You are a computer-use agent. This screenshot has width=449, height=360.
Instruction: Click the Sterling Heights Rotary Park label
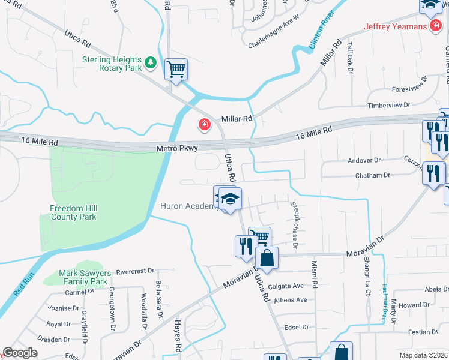tap(112, 64)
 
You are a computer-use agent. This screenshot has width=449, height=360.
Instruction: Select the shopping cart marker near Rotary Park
tap(176, 69)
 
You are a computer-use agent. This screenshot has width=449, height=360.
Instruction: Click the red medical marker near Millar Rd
tap(205, 124)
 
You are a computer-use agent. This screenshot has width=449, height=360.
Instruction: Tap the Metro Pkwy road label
tap(177, 147)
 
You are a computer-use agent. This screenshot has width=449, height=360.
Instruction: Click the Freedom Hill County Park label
tap(73, 212)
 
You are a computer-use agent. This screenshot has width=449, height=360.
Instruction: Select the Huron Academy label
tap(188, 206)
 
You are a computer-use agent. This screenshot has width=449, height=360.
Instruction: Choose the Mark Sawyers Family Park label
tap(83, 277)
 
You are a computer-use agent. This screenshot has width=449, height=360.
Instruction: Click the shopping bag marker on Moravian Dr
tap(268, 259)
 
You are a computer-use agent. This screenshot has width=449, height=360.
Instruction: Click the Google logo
tap(19, 352)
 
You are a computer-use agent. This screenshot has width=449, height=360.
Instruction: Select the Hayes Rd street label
tap(178, 343)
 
